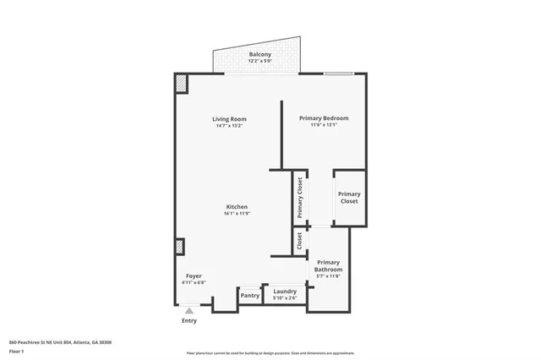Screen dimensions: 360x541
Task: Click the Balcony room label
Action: (x=260, y=55)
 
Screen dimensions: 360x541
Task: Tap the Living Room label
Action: (x=227, y=118)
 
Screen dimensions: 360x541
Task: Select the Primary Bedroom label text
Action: (x=324, y=118)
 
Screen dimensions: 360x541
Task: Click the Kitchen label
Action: (x=237, y=207)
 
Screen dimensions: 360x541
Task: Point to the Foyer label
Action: (x=194, y=276)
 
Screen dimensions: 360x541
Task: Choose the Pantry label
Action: (x=250, y=296)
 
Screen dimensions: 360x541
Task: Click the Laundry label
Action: (x=284, y=291)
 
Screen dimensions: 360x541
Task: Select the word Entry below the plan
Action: (x=189, y=321)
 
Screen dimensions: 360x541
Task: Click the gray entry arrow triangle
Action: (x=189, y=311)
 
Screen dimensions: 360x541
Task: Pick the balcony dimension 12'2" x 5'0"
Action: (x=260, y=62)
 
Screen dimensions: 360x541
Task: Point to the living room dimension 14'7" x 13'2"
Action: (x=227, y=125)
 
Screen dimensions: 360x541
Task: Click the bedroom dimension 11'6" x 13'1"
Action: (x=324, y=125)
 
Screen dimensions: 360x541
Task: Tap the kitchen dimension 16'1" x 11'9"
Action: (x=237, y=214)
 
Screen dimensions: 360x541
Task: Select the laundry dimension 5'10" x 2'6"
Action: (x=284, y=297)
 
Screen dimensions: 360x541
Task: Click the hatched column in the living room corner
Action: (x=182, y=84)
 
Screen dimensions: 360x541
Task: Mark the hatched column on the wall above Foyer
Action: (x=179, y=247)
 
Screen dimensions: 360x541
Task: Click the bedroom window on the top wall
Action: (x=339, y=74)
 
